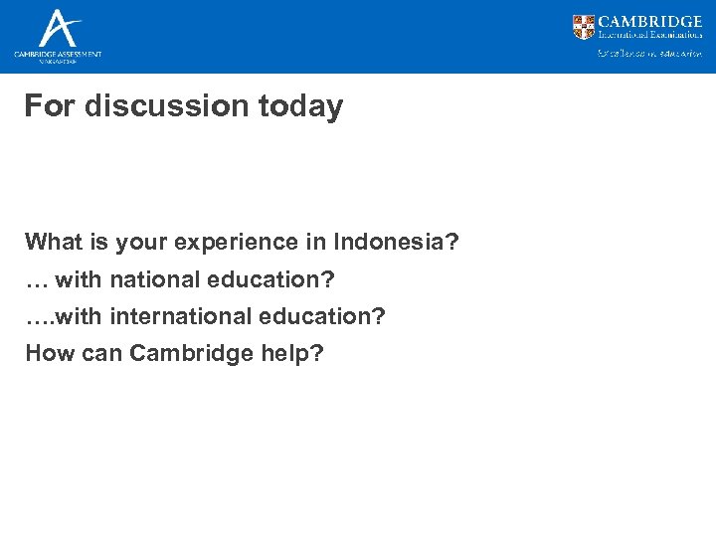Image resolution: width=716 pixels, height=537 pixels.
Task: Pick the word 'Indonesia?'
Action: [396, 242]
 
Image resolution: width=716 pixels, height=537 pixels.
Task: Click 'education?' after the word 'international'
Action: [322, 316]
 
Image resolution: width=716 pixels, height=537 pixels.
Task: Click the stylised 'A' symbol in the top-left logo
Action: [58, 27]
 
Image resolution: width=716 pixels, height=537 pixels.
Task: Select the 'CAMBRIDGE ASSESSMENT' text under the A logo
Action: [58, 53]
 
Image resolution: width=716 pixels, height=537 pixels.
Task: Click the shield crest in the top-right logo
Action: [584, 27]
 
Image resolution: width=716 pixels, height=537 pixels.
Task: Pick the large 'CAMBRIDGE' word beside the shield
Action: [650, 21]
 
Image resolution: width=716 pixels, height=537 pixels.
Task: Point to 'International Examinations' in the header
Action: [650, 35]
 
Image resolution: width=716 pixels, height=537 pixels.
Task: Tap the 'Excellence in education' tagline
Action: [648, 54]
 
